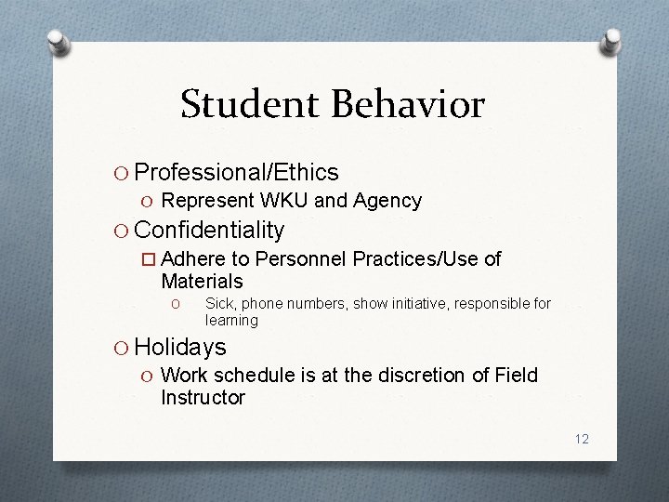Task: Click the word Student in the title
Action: click(245, 104)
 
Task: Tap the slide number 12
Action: click(582, 439)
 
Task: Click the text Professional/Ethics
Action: click(237, 172)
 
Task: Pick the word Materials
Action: click(202, 281)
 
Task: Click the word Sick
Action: click(219, 304)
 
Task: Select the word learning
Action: click(231, 321)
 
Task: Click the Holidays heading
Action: click(180, 348)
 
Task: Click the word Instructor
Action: click(203, 398)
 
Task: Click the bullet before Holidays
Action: click(121, 349)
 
